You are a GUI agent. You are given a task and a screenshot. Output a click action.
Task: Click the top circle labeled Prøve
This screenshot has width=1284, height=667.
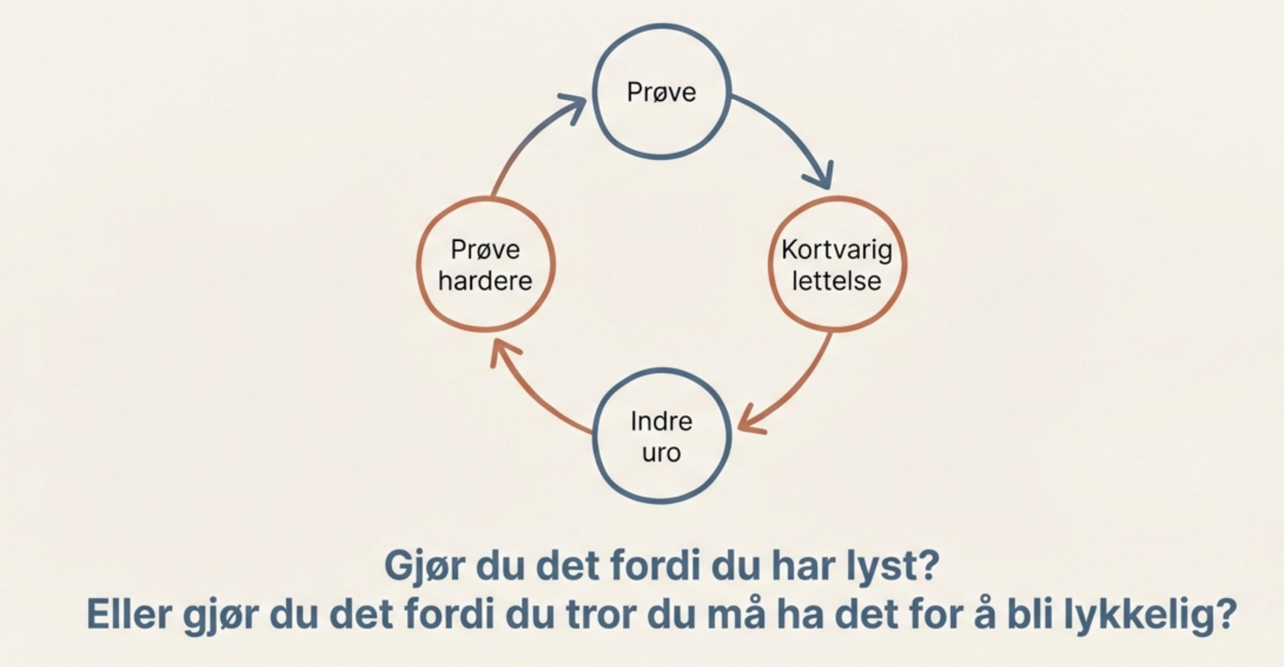tap(662, 92)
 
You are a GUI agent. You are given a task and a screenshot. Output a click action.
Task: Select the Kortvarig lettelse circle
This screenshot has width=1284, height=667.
tap(837, 264)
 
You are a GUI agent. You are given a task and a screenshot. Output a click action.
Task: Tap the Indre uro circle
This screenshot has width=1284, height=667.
tap(662, 436)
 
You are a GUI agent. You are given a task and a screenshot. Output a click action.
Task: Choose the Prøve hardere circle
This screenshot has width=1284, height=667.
tap(486, 264)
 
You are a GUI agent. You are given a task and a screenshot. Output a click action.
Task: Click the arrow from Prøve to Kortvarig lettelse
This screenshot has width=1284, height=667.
tap(787, 135)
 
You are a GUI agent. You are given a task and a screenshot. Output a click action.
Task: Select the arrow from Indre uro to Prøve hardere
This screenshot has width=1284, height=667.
tap(532, 396)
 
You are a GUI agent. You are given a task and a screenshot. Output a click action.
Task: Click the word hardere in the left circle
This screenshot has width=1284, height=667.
tap(485, 280)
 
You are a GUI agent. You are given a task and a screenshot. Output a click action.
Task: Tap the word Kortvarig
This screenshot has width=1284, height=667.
tap(837, 250)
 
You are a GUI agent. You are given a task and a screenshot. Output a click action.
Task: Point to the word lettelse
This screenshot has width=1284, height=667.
tap(837, 280)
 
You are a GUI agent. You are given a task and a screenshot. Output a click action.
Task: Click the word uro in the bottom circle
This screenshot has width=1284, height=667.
tap(662, 453)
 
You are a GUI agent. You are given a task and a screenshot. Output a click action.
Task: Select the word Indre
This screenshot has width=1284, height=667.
tap(662, 421)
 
